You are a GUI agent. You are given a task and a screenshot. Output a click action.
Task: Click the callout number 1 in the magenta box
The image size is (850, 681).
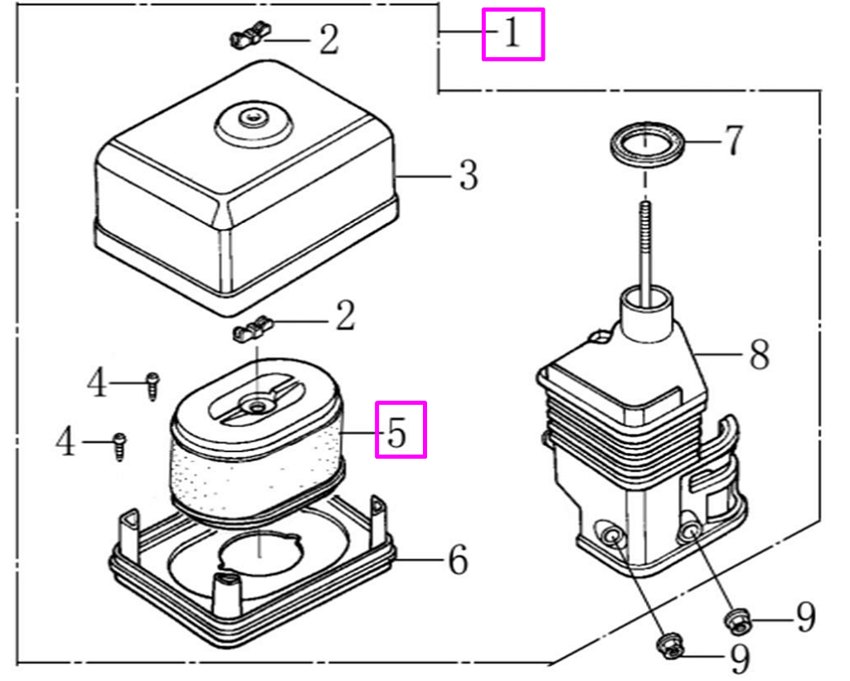point(512,34)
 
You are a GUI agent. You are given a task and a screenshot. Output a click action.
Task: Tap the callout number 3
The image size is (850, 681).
point(469,176)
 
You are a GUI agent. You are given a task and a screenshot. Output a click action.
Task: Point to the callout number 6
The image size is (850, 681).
point(457,561)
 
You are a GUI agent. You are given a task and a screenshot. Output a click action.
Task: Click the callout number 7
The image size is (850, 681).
point(732,142)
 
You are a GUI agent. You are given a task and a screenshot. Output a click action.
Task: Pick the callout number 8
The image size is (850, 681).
point(758,355)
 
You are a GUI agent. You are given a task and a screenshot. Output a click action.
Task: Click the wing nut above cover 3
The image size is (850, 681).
point(249,36)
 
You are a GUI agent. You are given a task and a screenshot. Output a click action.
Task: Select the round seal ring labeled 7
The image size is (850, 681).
point(648,144)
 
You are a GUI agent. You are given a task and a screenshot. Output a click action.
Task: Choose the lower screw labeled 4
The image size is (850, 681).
point(119,445)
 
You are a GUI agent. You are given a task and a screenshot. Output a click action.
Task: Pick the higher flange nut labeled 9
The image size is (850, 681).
point(736,618)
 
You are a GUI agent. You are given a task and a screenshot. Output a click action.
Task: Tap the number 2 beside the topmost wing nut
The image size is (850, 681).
point(329,40)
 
